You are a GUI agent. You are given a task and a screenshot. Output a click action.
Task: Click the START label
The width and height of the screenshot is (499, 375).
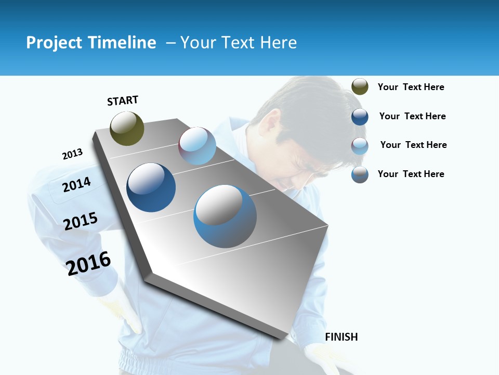click(123, 100)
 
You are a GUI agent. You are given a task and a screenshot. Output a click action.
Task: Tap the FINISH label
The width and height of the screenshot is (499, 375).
click(342, 337)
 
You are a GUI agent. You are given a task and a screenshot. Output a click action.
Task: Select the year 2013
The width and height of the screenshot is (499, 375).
click(73, 154)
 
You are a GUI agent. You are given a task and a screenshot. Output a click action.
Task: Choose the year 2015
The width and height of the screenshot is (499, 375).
click(81, 221)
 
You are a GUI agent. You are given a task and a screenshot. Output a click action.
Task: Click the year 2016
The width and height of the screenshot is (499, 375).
click(89, 263)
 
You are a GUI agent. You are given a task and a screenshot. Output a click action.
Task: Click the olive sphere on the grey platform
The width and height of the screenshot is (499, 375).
click(127, 128)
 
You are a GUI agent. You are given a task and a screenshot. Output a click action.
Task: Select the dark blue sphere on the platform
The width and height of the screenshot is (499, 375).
click(151, 187)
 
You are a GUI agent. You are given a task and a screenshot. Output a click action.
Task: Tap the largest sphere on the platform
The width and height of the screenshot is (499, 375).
click(225, 216)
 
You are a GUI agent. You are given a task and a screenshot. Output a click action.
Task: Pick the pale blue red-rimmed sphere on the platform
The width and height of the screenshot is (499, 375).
click(198, 146)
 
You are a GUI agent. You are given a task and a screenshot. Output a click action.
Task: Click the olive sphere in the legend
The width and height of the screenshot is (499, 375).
click(360, 87)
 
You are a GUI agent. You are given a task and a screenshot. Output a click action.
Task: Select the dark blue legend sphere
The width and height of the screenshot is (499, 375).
click(360, 117)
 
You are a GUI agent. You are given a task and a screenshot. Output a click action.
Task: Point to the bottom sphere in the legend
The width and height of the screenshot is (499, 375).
click(360, 174)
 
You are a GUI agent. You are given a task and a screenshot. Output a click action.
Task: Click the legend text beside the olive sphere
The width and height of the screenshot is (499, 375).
click(411, 87)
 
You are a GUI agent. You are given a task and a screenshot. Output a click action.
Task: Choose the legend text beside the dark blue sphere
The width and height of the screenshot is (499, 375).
click(412, 116)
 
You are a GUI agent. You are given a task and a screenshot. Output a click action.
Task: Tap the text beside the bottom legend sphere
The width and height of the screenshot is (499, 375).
click(411, 174)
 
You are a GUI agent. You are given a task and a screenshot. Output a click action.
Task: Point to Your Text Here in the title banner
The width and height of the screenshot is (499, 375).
click(239, 43)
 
